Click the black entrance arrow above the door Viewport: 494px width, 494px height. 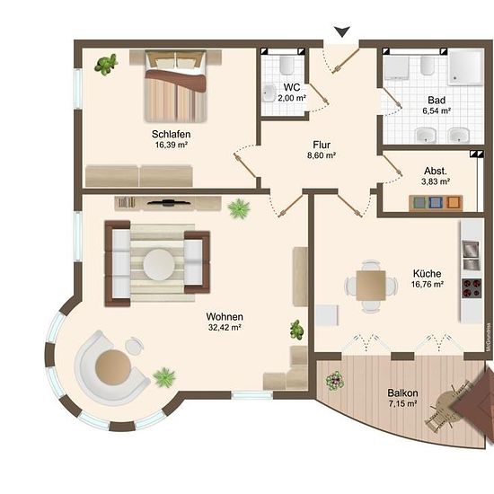click(x=342, y=31)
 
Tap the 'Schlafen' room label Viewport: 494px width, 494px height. click(x=171, y=134)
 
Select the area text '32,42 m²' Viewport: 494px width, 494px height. click(x=225, y=328)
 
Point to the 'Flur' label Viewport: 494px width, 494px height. click(x=322, y=145)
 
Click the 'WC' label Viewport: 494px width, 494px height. click(x=292, y=87)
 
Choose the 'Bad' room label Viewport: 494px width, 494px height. click(x=437, y=101)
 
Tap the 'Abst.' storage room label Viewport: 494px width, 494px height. click(x=436, y=171)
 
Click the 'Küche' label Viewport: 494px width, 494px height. click(x=428, y=273)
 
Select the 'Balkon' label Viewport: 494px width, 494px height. click(x=402, y=393)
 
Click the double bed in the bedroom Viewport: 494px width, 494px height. click(x=175, y=86)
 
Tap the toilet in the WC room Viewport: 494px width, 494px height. click(x=287, y=66)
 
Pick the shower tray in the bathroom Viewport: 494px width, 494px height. click(x=465, y=67)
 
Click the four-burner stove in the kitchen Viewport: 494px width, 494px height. click(x=472, y=288)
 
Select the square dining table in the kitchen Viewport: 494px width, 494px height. click(x=371, y=286)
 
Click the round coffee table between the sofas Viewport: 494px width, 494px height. click(x=159, y=264)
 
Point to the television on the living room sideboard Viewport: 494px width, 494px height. click(x=169, y=202)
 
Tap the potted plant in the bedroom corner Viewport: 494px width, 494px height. click(x=106, y=64)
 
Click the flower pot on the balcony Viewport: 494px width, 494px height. click(x=335, y=380)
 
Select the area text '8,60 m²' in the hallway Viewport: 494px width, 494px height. click(x=322, y=155)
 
